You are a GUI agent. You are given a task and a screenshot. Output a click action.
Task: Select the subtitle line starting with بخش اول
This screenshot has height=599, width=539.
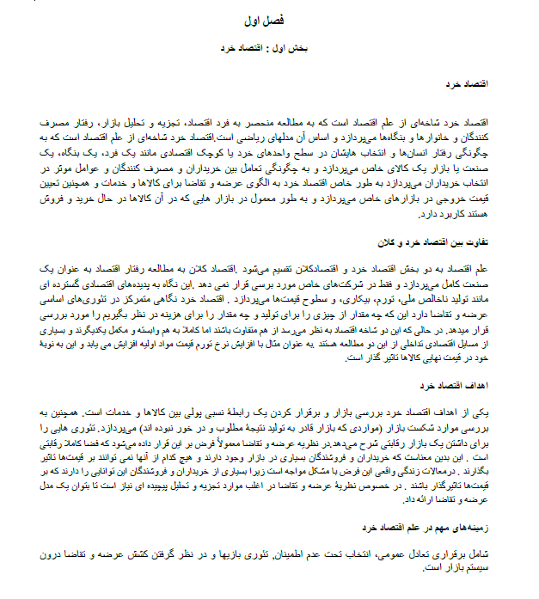pyautogui.click(x=265, y=49)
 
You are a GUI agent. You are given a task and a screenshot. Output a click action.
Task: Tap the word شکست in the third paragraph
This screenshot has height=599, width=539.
pyautogui.click(x=407, y=425)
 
